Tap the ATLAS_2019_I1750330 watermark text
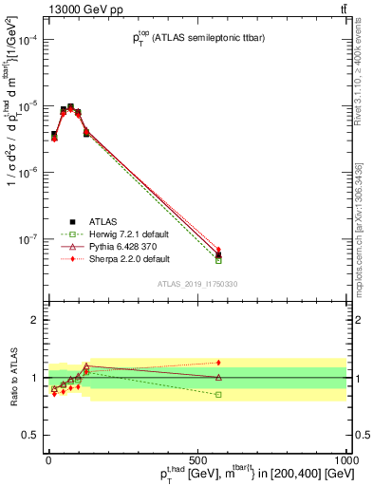click(x=196, y=284)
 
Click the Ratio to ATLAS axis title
click(x=11, y=378)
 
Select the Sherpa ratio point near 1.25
click(x=218, y=363)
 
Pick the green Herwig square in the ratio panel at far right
click(x=218, y=394)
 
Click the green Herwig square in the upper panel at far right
click(x=218, y=260)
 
